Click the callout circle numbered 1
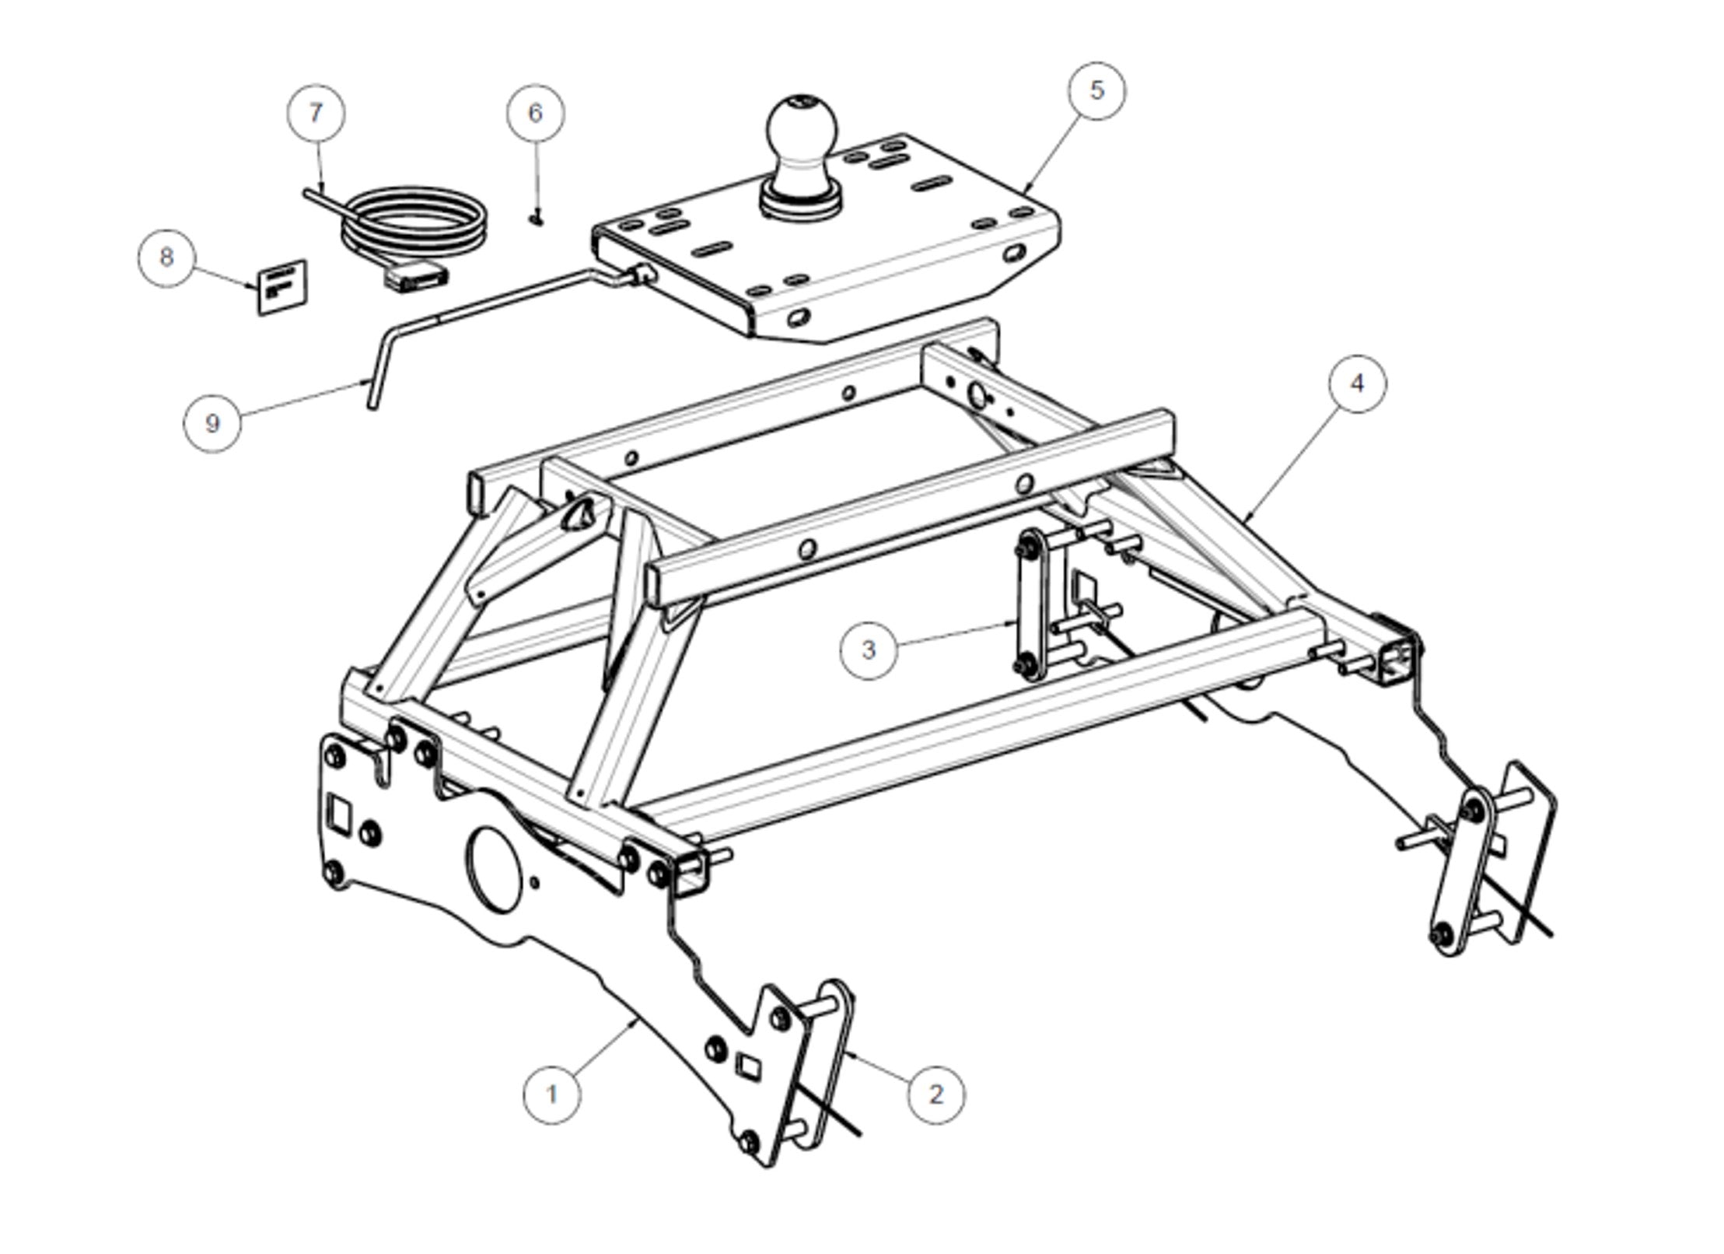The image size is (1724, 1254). (551, 1095)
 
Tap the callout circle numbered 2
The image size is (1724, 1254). (936, 1095)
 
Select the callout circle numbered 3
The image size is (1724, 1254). (869, 650)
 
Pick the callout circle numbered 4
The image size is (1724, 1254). (1357, 384)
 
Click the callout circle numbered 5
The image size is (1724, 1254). (1096, 90)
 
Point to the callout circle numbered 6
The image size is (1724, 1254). (536, 114)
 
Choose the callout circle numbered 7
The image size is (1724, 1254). (315, 114)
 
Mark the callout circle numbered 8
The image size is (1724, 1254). (166, 257)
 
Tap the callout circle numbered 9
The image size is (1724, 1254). (212, 423)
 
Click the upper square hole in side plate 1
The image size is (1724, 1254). (339, 812)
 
